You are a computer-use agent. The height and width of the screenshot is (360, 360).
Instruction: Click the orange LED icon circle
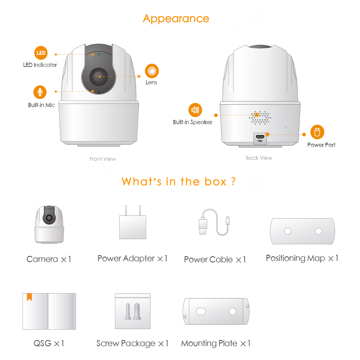pos(41,53)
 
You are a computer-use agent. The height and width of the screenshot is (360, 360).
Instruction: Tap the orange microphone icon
pos(40,92)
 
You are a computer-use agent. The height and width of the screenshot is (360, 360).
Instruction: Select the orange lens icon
pos(152,71)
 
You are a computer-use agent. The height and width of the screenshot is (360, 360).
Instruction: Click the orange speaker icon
pos(195,110)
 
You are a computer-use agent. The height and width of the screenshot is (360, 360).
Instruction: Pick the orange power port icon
pos(317,132)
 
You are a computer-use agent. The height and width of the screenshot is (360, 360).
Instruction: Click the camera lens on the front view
pos(99,76)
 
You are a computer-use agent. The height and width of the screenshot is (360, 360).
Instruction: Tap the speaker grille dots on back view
pos(260,117)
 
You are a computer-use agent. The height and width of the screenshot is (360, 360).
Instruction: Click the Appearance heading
pos(176,19)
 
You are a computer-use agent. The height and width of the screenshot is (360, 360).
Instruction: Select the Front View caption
pos(102,159)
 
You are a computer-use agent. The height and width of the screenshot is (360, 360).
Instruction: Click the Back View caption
pos(259,158)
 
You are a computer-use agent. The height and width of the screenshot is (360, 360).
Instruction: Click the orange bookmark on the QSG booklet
pos(29,297)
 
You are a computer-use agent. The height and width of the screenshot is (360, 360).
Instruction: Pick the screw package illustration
pos(133,311)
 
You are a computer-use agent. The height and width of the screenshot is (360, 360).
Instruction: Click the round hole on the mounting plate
pos(232,311)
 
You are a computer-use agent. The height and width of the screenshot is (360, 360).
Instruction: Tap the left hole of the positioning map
pos(287,231)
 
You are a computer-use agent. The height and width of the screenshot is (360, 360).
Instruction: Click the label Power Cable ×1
pos(215,259)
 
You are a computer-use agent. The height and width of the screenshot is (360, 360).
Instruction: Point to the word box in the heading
pos(215,182)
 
